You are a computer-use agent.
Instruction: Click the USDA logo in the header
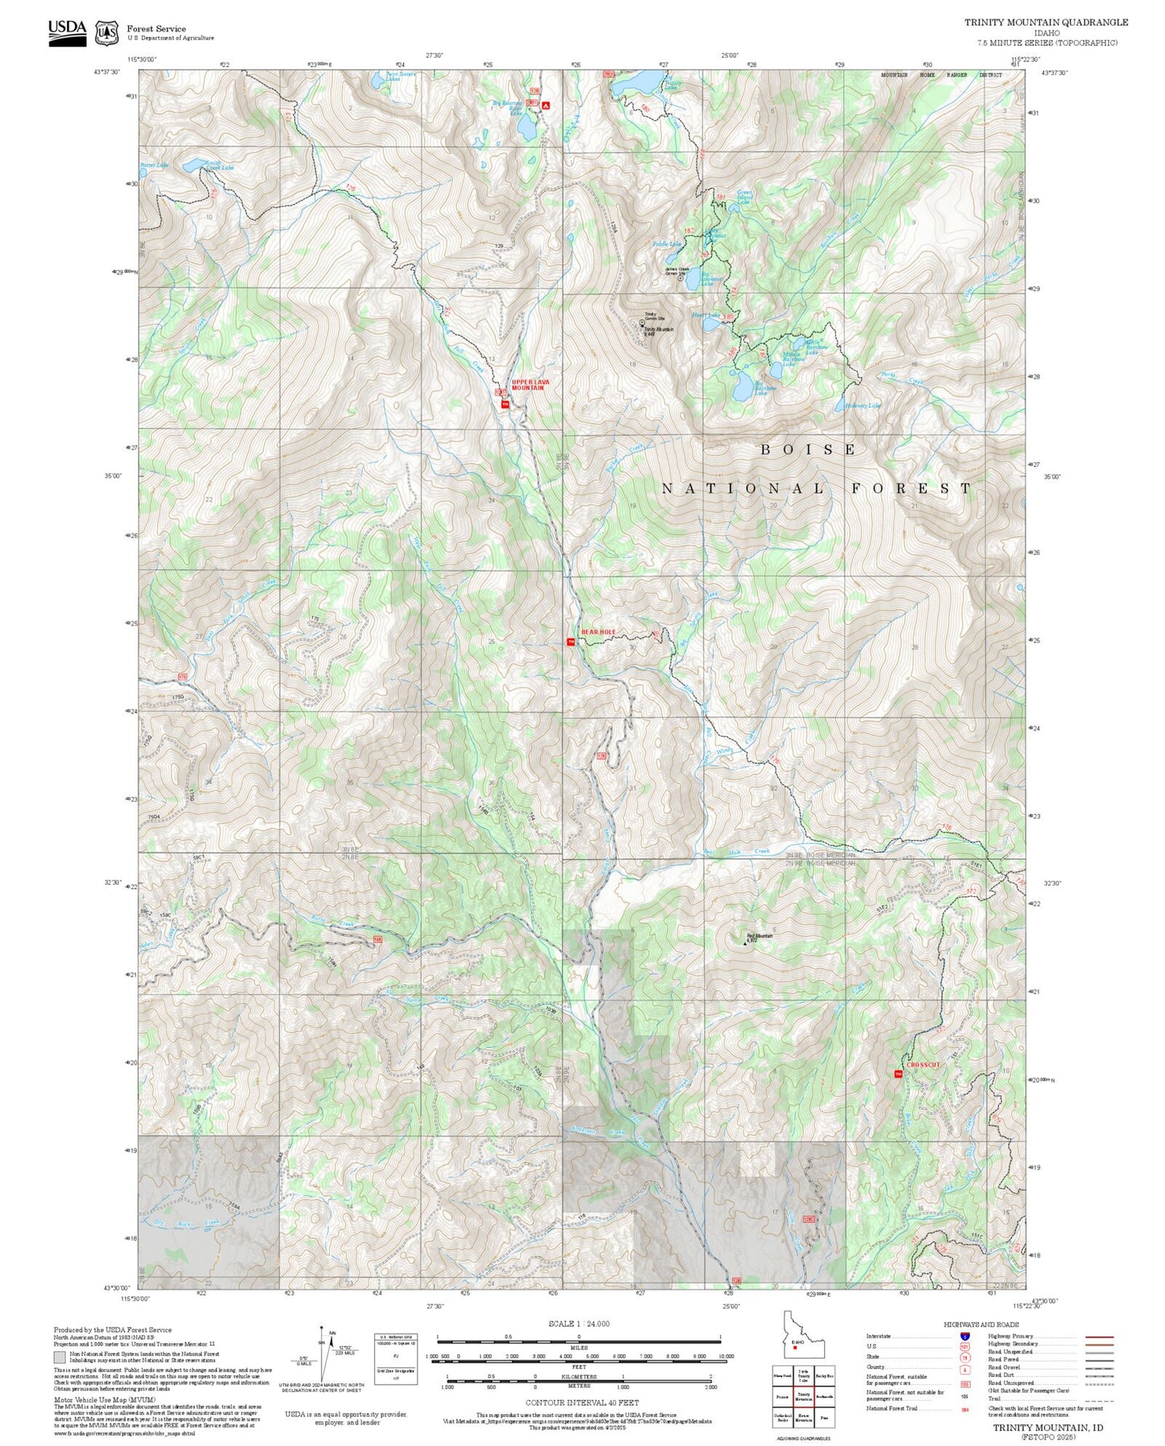(67, 31)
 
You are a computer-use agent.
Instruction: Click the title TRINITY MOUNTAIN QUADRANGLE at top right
(1046, 23)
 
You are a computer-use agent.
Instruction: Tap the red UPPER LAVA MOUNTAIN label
(528, 384)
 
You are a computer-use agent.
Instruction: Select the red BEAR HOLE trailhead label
(598, 632)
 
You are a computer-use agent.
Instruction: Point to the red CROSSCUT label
(922, 1065)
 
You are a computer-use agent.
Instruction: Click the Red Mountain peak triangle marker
(745, 941)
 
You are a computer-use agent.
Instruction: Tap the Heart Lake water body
(710, 325)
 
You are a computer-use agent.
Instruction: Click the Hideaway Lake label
(862, 405)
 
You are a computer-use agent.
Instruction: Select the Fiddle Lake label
(667, 243)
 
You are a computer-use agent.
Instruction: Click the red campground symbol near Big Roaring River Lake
(546, 106)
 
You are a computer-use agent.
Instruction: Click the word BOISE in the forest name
(808, 450)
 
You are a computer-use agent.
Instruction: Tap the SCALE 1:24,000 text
(578, 1323)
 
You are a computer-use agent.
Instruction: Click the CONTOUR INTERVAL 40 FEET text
(577, 1402)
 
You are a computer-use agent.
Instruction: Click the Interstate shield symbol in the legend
(964, 1336)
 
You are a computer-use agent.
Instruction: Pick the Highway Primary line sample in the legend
(1099, 1336)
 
